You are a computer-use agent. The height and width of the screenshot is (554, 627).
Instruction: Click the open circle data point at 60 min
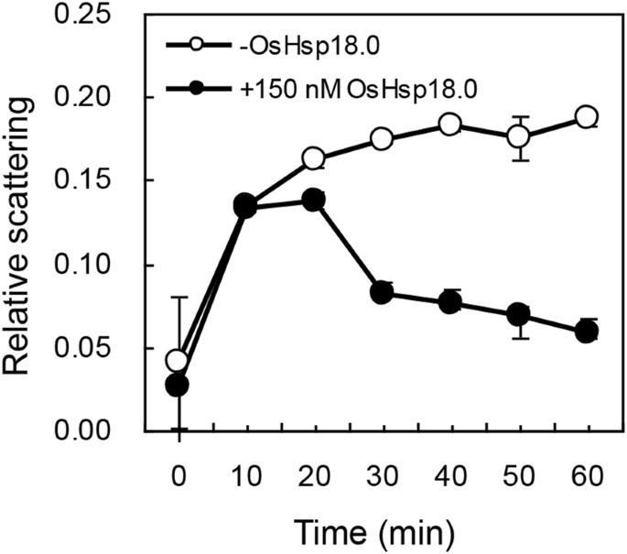(x=586, y=116)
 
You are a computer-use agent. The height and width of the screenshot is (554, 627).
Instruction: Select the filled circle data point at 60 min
(x=586, y=331)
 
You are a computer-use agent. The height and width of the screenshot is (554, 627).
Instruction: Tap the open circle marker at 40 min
(x=449, y=125)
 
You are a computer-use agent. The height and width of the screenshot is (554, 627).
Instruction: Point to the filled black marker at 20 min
(x=314, y=200)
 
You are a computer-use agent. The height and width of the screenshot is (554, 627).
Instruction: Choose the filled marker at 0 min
(x=178, y=386)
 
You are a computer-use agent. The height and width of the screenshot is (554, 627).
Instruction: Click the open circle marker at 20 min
(x=314, y=158)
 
